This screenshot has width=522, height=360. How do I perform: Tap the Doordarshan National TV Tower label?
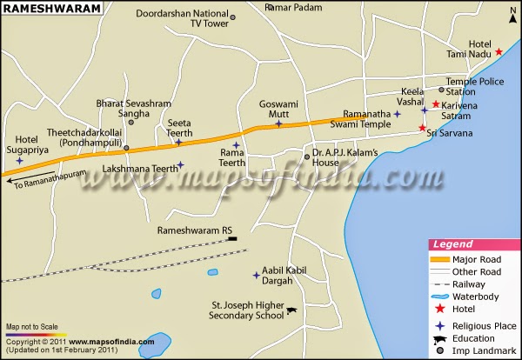[184, 20]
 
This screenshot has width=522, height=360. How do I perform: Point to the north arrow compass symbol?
[512, 14]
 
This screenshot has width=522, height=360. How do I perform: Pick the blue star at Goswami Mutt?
[279, 123]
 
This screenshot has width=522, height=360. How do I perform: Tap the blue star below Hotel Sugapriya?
[19, 161]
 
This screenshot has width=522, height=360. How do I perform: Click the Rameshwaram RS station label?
[193, 231]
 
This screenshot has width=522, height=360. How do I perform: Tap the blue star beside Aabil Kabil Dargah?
[256, 276]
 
